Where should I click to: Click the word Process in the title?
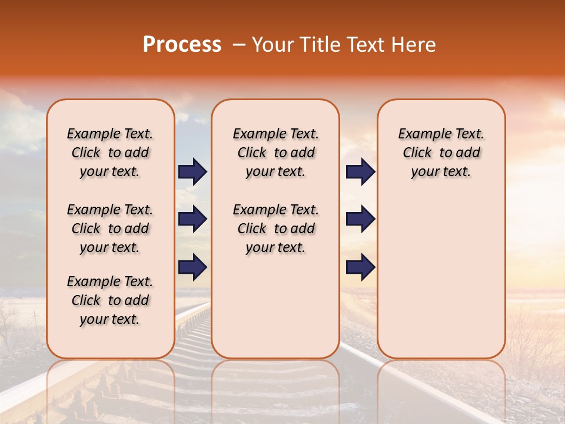pyautogui.click(x=182, y=45)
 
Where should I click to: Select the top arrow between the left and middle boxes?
pyautogui.click(x=192, y=171)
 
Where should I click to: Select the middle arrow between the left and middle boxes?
pyautogui.click(x=192, y=220)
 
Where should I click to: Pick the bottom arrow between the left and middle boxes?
pyautogui.click(x=192, y=268)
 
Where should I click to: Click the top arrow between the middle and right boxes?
pyautogui.click(x=360, y=171)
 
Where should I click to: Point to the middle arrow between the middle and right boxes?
pyautogui.click(x=360, y=220)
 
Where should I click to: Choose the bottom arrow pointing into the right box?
pyautogui.click(x=360, y=268)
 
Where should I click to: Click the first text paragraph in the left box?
pyautogui.click(x=110, y=153)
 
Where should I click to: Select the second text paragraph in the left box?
pyautogui.click(x=110, y=228)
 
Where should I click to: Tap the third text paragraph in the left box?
pyautogui.click(x=110, y=300)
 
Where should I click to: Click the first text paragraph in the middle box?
pyautogui.click(x=275, y=153)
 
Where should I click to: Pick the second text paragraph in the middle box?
pyautogui.click(x=275, y=228)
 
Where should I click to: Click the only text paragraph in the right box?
pyautogui.click(x=441, y=153)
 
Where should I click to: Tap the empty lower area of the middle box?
pyautogui.click(x=275, y=306)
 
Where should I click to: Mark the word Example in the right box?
pyautogui.click(x=420, y=134)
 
